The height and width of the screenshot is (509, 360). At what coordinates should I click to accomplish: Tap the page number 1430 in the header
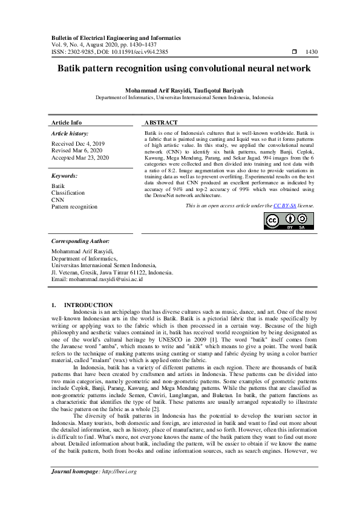(312, 52)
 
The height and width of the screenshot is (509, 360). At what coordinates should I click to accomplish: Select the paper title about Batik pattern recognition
(184, 69)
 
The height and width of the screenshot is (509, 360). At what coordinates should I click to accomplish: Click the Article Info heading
(67, 122)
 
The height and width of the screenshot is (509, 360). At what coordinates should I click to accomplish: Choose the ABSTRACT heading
(160, 122)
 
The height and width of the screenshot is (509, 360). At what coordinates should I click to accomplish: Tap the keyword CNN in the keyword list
(57, 199)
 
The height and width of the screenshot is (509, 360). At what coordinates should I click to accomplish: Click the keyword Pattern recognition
(74, 206)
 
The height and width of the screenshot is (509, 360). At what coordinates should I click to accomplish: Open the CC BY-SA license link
(284, 206)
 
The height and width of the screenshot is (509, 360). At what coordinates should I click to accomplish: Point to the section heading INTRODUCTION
(88, 305)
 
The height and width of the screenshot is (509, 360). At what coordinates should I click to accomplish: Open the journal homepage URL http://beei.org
(119, 488)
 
